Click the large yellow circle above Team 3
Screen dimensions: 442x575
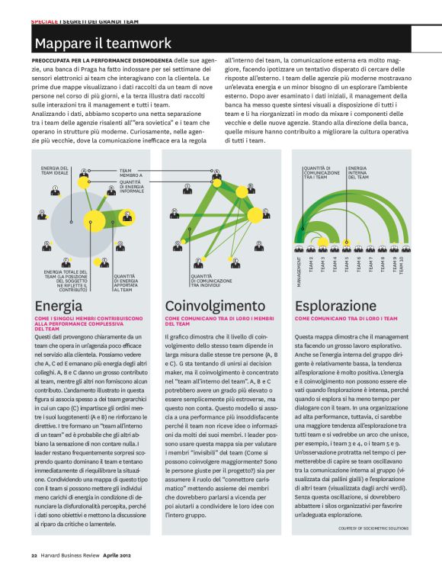tap(322, 243)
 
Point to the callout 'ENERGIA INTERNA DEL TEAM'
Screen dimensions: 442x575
tap(357, 172)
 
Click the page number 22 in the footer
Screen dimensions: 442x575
tap(34, 555)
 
